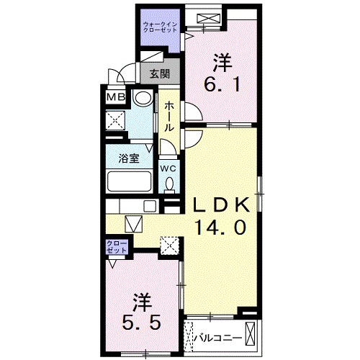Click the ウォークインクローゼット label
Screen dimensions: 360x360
[160, 27]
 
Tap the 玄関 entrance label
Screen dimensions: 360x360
[160, 74]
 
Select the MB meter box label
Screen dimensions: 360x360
[116, 97]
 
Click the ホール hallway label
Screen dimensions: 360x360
[169, 116]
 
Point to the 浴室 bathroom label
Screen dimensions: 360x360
[129, 158]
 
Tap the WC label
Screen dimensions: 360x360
[168, 168]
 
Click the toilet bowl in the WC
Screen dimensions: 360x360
[170, 183]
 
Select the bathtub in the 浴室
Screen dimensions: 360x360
[129, 181]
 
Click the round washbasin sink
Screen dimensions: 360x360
[143, 99]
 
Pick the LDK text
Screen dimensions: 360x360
[222, 205]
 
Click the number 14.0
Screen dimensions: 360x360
[220, 228]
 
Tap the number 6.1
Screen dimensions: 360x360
[222, 84]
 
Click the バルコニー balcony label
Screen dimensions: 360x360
[217, 338]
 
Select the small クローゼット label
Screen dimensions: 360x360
[117, 247]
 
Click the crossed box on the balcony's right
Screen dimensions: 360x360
[251, 335]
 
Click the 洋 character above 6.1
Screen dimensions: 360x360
[222, 63]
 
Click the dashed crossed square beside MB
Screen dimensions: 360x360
[116, 120]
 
